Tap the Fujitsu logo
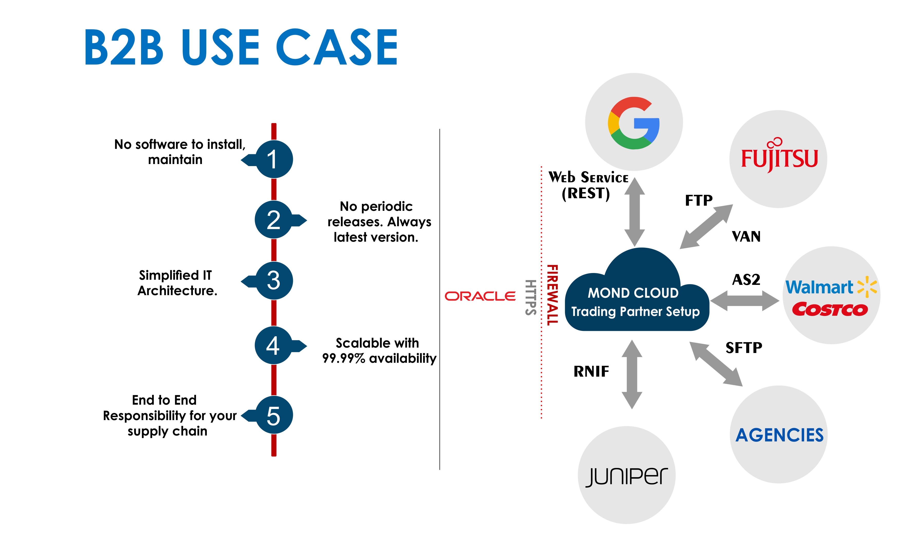click(779, 158)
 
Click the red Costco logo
click(830, 309)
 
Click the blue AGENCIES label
click(779, 435)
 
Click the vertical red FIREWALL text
click(552, 295)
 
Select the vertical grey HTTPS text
click(531, 297)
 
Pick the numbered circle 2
click(274, 220)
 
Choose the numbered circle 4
click(274, 346)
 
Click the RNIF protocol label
click(591, 371)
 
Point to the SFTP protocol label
click(744, 348)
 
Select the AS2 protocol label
click(746, 279)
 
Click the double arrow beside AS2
click(744, 301)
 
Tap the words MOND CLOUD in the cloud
click(633, 293)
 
